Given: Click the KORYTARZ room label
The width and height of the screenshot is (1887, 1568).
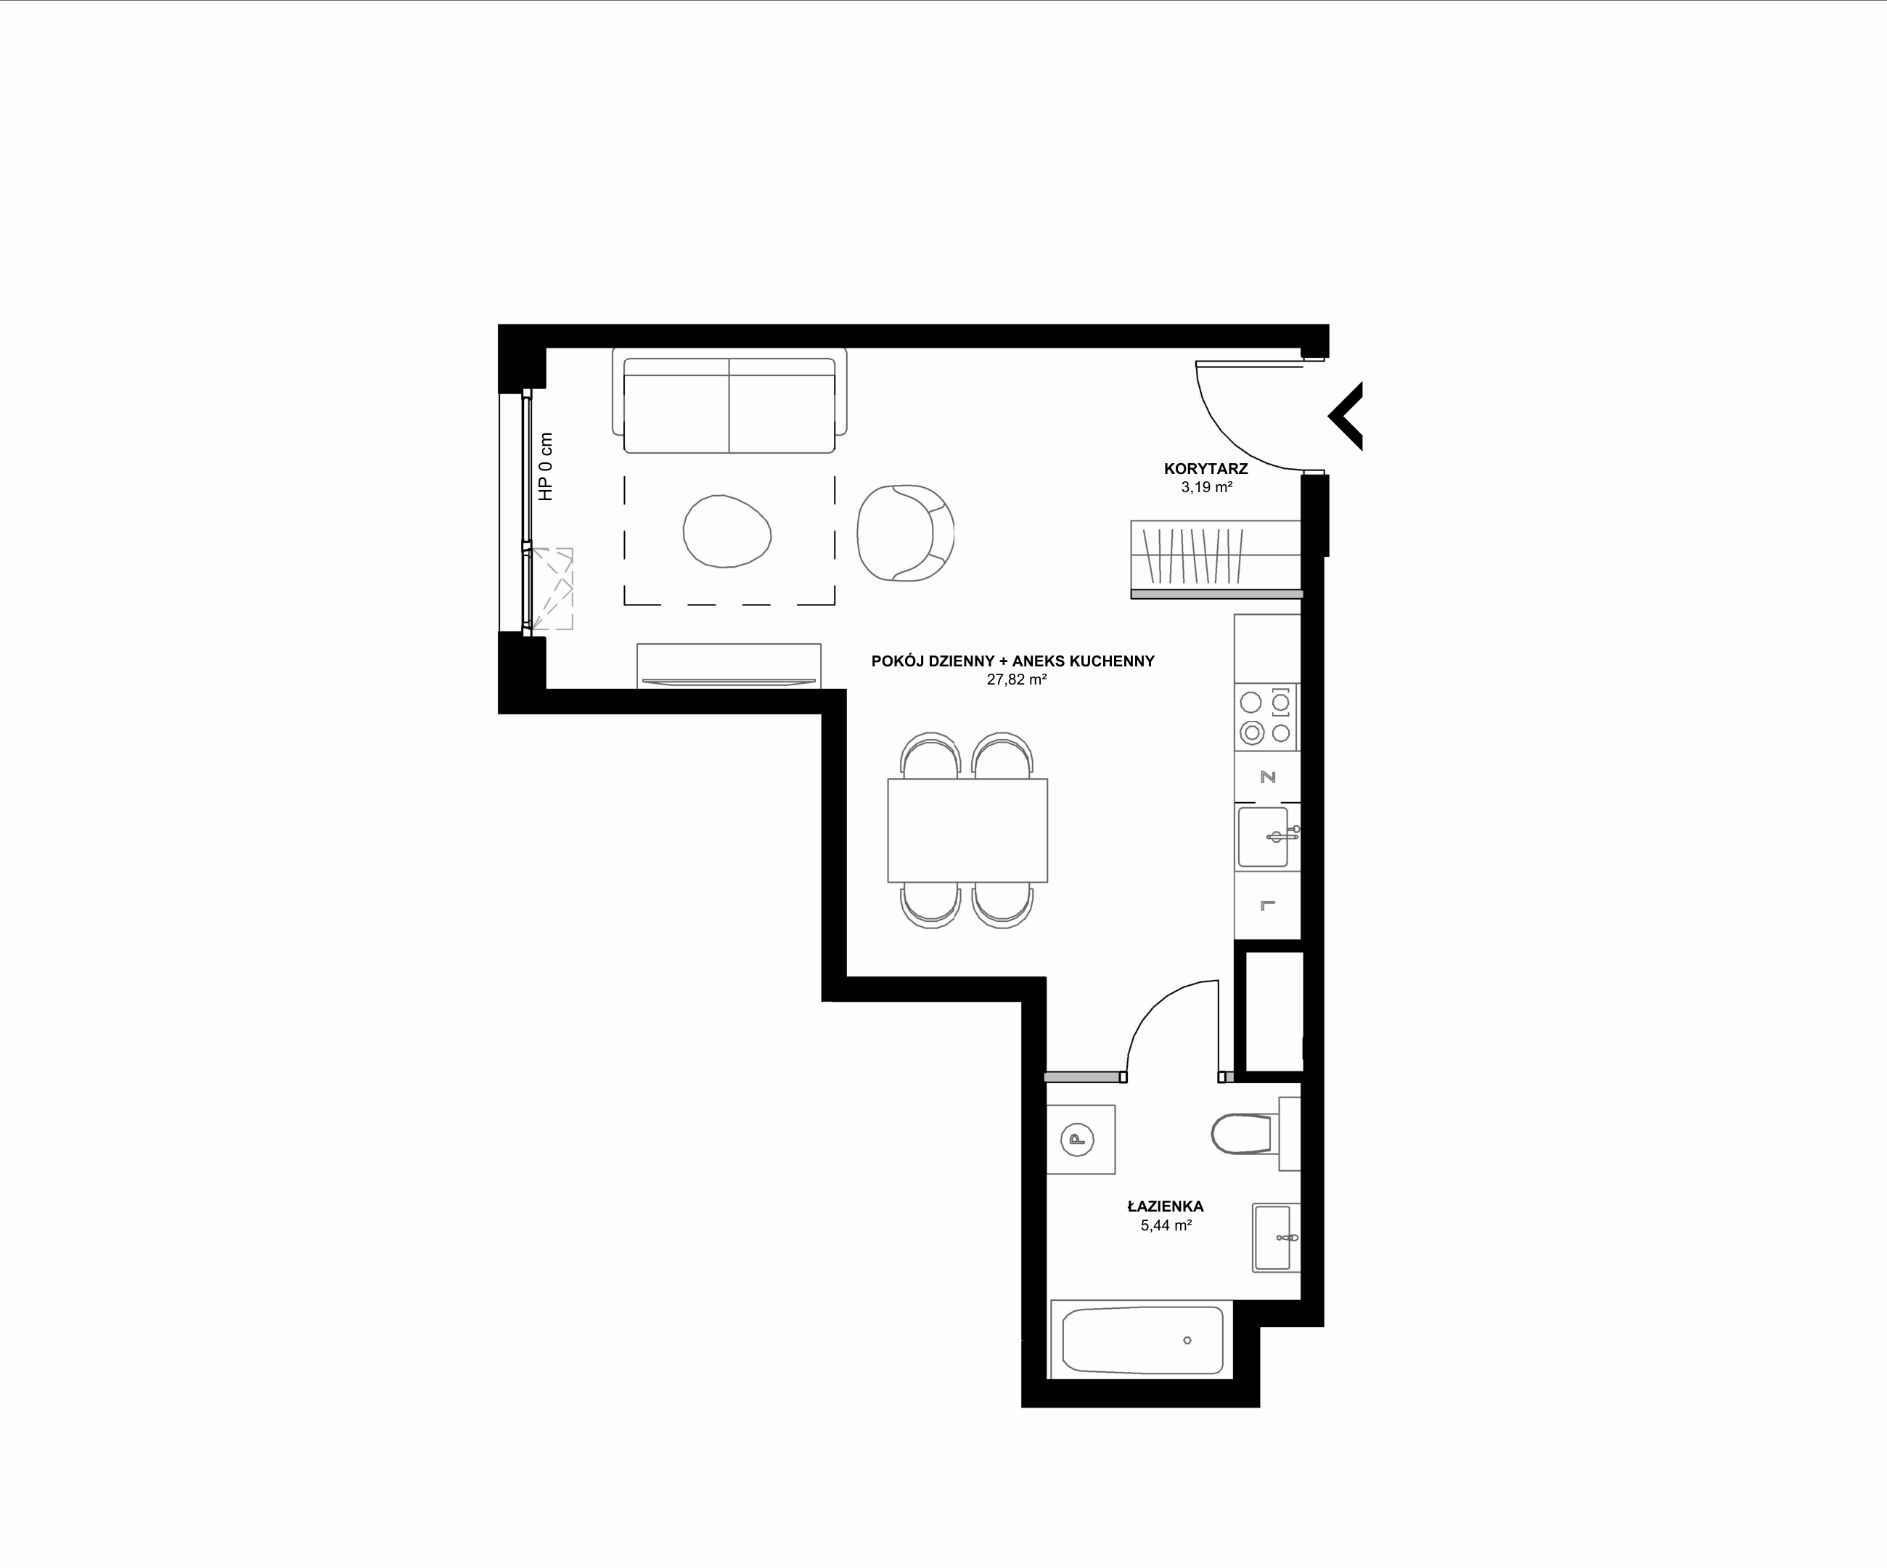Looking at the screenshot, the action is click(1206, 468).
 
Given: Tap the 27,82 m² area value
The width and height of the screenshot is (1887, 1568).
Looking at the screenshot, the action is click(1016, 679).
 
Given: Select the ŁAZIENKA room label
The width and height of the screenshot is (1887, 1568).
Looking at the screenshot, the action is click(1166, 1206).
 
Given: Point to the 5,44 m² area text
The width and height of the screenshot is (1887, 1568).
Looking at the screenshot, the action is click(1166, 1225).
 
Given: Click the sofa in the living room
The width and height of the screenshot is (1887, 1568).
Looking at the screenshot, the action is click(729, 401).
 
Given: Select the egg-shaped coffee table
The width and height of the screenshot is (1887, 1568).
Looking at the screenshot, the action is click(727, 531).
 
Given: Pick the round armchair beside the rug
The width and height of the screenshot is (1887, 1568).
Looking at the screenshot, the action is click(905, 533).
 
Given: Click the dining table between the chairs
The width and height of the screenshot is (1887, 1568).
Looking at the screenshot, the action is click(967, 830).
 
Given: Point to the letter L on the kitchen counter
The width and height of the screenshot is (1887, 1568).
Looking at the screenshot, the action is click(1268, 905).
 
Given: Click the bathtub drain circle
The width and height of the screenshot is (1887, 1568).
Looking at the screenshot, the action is click(1187, 1341).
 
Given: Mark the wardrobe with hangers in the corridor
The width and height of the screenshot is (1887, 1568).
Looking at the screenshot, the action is click(1216, 559).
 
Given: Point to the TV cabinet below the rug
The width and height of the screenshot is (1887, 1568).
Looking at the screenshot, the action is click(729, 666).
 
